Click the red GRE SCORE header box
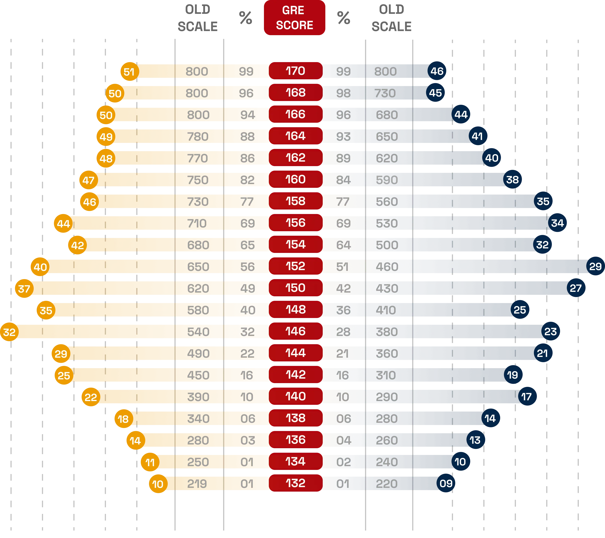click(294, 18)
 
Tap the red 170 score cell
click(295, 71)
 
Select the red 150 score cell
click(295, 288)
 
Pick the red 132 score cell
click(295, 483)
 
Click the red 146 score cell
click(295, 331)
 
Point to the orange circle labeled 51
click(129, 72)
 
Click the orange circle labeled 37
click(24, 288)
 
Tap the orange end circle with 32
click(9, 332)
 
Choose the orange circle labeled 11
click(150, 462)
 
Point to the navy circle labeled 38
click(512, 180)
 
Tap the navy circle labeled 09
click(446, 483)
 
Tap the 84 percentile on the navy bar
click(343, 180)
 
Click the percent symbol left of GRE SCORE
click(246, 18)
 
